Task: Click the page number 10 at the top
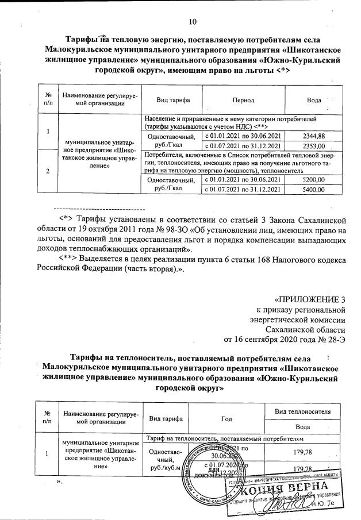pyautogui.click(x=193, y=22)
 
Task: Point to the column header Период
pyautogui.click(x=243, y=100)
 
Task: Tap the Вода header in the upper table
pyautogui.click(x=314, y=100)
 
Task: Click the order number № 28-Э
pyautogui.click(x=333, y=338)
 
